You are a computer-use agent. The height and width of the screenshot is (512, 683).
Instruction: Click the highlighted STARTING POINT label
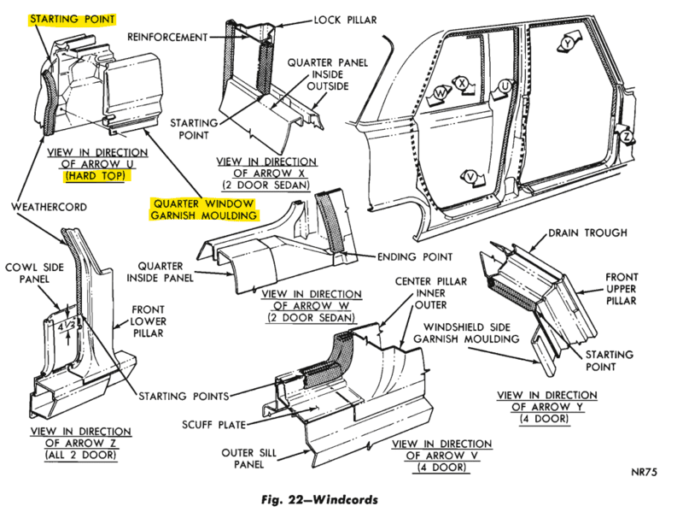pyautogui.click(x=73, y=16)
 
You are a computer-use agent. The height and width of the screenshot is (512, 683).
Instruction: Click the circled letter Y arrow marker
pyautogui.click(x=568, y=42)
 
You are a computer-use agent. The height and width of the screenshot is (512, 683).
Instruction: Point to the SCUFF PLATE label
pyautogui.click(x=208, y=423)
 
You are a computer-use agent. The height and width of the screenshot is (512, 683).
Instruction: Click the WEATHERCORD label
pyautogui.click(x=49, y=206)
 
